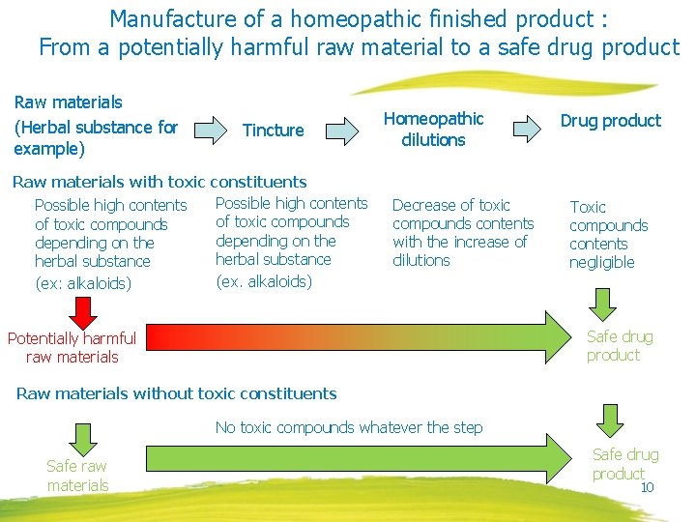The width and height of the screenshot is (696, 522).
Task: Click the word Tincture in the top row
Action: [x=273, y=130]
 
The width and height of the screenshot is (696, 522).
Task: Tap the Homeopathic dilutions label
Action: [x=433, y=130]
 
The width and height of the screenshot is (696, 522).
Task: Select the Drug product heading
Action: [x=611, y=121]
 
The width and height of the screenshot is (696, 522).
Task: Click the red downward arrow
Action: [x=84, y=311]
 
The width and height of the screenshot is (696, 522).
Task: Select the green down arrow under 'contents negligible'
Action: [x=603, y=303]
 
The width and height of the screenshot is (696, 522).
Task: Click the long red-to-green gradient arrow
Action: [x=358, y=337]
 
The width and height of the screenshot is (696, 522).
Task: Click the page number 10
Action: [x=648, y=487]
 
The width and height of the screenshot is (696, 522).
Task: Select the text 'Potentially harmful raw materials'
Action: [x=72, y=347]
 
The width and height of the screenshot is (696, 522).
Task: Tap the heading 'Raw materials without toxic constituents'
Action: [x=177, y=393]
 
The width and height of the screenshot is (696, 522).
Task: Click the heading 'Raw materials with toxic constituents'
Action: [x=159, y=182]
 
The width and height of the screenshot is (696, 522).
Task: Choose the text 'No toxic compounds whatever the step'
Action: [x=349, y=427]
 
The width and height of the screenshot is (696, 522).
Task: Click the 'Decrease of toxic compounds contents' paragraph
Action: [x=462, y=233]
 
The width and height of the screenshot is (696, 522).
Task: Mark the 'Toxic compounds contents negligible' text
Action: [x=608, y=235]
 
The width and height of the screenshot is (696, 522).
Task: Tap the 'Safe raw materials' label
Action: [x=77, y=476]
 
